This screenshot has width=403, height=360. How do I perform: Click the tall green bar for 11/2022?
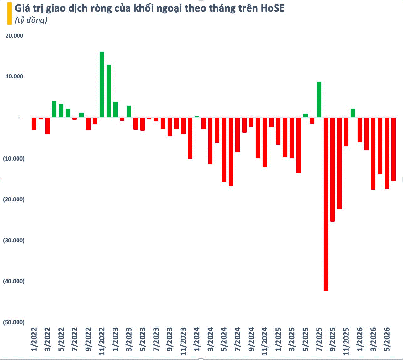point(102,85)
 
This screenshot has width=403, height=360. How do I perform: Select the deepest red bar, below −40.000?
point(326,204)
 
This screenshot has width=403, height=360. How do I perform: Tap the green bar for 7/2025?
point(319,99)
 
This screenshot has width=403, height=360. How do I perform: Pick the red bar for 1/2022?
point(34,124)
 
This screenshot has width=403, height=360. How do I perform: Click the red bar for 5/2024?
point(224,150)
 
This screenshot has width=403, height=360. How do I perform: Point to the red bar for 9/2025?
point(332,170)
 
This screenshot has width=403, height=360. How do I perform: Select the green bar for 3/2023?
point(129,112)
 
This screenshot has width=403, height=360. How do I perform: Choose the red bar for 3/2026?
point(373,154)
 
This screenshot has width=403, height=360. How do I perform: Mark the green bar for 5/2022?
point(61,111)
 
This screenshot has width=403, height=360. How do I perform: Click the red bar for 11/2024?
point(264,142)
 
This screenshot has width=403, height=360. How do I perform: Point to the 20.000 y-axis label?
point(14,36)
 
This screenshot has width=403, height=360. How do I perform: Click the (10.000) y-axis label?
point(14,159)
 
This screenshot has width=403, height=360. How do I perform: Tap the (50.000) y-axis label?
point(14,322)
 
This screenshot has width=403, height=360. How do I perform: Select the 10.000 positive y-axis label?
point(14,77)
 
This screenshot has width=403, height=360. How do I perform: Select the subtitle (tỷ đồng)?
point(31,20)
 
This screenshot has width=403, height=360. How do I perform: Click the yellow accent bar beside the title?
point(9,13)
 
